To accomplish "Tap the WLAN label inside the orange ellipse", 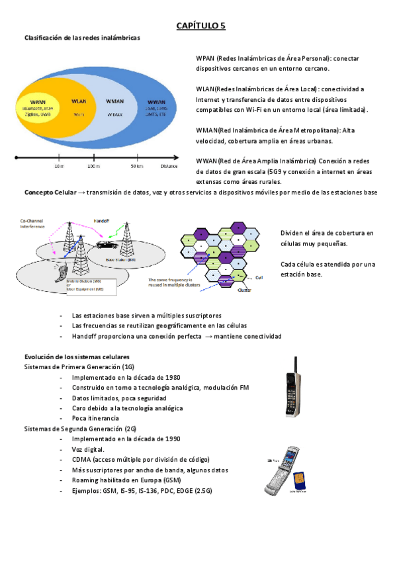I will [x=78, y=102].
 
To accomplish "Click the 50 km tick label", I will [x=137, y=166].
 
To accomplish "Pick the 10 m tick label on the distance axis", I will [x=59, y=166].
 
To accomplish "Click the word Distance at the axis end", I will [x=168, y=166].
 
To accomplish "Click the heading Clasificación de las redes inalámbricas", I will [x=82, y=38].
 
